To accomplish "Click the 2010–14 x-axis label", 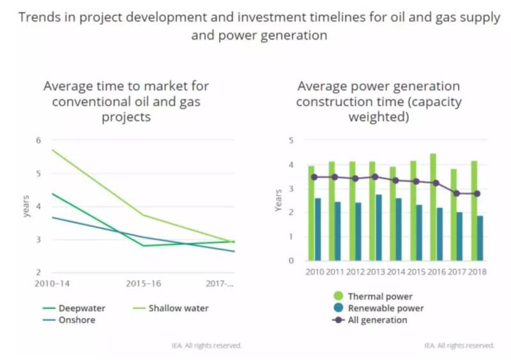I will pyautogui.click(x=52, y=283).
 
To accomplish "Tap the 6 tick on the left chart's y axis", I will pyautogui.click(x=38, y=140).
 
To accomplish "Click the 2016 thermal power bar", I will pyautogui.click(x=434, y=207).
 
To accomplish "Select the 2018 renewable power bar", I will pyautogui.click(x=480, y=237).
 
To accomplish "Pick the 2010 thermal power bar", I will pyautogui.click(x=311, y=213).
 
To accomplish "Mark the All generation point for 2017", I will pyautogui.click(x=456, y=193).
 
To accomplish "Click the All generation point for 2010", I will pyautogui.click(x=314, y=177).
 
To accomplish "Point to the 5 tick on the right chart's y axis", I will pyautogui.click(x=291, y=140).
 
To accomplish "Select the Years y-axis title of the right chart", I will pyautogui.click(x=278, y=200).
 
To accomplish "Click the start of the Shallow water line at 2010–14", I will pyautogui.click(x=52, y=150).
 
